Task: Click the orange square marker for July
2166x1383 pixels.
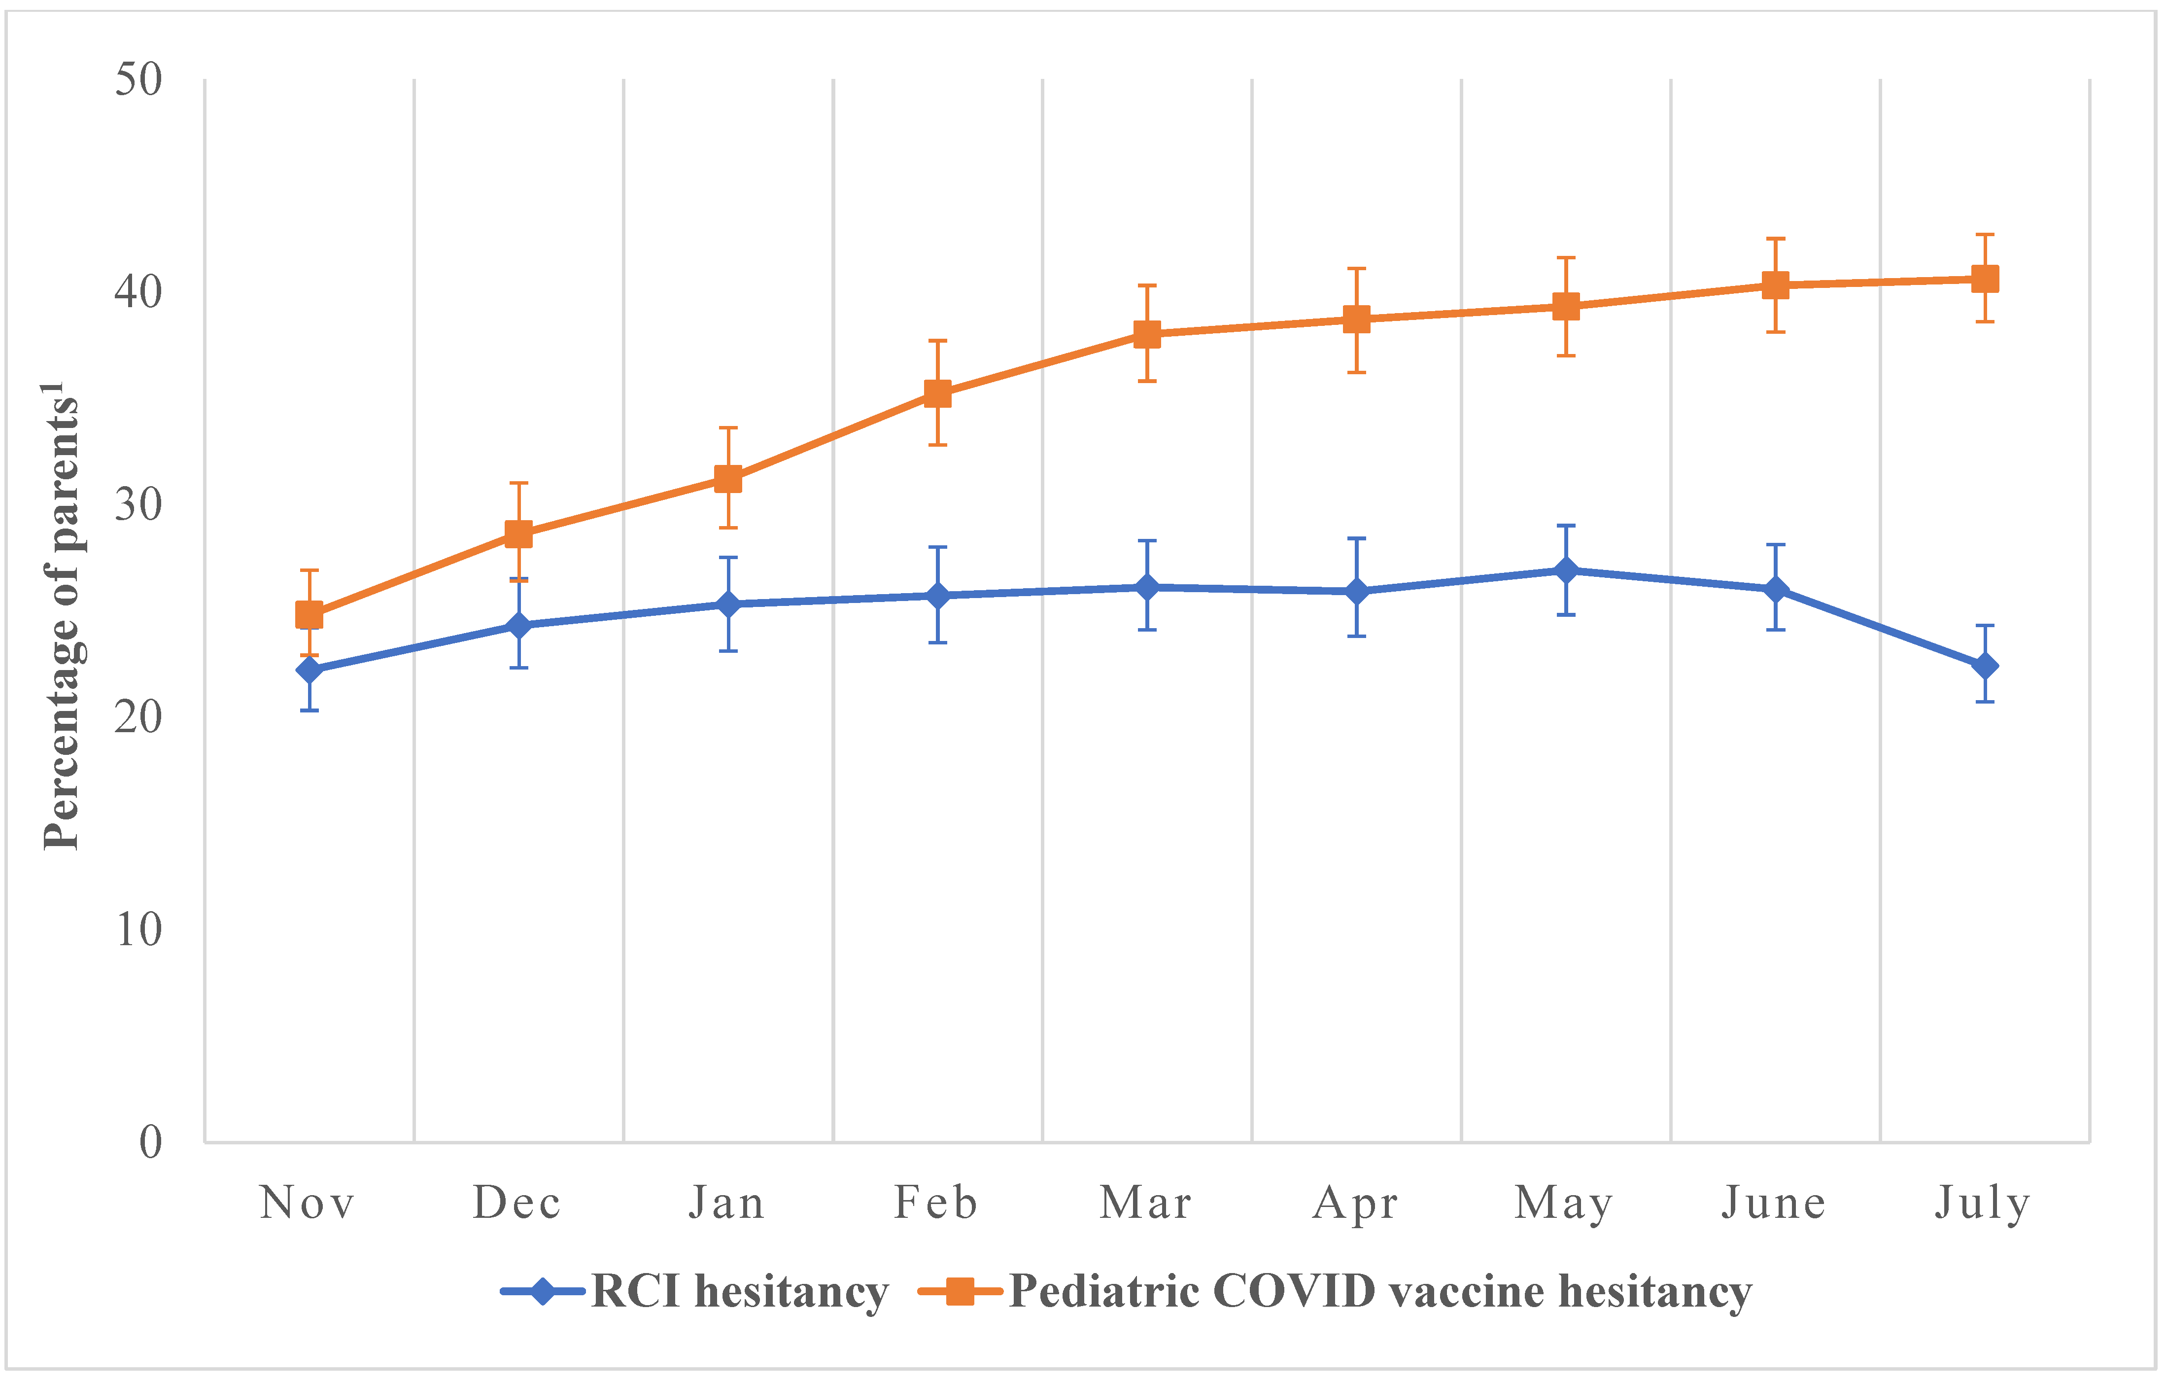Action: (x=1984, y=279)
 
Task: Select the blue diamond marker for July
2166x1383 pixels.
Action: (x=1984, y=666)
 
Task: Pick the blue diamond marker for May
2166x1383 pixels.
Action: (x=1566, y=570)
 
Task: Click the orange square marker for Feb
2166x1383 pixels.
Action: (x=937, y=393)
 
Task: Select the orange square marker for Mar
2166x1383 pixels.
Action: (x=1147, y=334)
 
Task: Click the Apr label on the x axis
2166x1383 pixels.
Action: (x=1356, y=1203)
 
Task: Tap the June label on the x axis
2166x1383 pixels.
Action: (x=1774, y=1203)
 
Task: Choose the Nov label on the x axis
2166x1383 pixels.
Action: (x=308, y=1203)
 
